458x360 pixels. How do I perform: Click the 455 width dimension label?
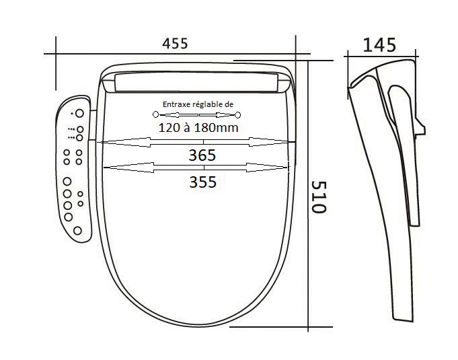click(x=175, y=44)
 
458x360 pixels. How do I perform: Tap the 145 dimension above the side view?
click(x=379, y=45)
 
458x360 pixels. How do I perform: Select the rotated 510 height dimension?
click(x=318, y=197)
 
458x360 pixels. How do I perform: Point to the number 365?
click(x=202, y=155)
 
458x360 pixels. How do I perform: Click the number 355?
click(x=202, y=182)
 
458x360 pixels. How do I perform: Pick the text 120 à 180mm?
click(x=198, y=128)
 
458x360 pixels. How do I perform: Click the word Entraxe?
click(x=174, y=104)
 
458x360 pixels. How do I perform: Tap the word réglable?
click(x=205, y=104)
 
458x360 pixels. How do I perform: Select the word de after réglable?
click(x=229, y=104)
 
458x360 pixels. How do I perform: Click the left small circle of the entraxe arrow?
click(x=155, y=114)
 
